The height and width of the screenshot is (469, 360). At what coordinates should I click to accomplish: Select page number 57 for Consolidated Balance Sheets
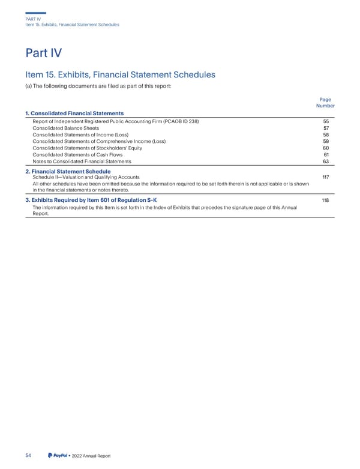point(326,128)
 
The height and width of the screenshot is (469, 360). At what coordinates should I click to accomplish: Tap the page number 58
point(326,135)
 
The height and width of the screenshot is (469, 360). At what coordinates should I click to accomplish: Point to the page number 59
point(326,141)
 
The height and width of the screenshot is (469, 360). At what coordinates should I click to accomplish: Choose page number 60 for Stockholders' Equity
point(326,148)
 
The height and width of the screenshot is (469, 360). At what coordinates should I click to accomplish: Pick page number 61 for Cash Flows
point(326,154)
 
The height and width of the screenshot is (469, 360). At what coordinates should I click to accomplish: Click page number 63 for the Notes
point(326,161)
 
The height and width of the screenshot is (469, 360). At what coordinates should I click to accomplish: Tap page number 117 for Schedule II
point(325,177)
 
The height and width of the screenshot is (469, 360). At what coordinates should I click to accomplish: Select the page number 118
point(325,200)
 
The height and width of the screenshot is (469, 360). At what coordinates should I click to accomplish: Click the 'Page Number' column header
point(325,103)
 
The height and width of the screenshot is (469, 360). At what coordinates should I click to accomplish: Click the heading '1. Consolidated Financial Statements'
point(74,113)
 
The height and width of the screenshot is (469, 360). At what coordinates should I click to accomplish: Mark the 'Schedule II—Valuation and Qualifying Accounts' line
point(86,177)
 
